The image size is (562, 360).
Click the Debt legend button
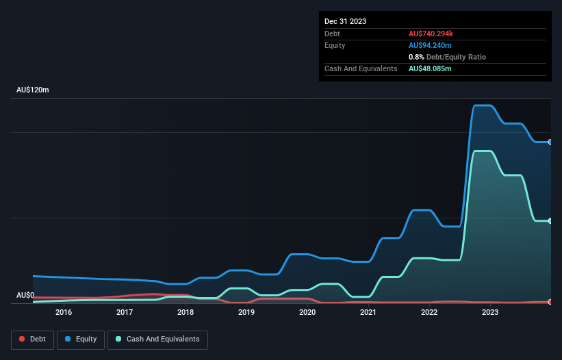tap(33, 339)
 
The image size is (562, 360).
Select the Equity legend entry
tap(80, 339)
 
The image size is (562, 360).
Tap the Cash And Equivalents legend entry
tap(157, 339)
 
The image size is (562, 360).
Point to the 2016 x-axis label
tap(64, 312)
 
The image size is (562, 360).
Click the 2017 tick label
tap(125, 312)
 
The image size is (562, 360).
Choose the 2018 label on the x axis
tap(186, 312)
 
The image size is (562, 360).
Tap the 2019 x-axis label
tap(246, 312)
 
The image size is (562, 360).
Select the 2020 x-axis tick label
tap(307, 312)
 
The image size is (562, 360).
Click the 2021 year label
tap(368, 312)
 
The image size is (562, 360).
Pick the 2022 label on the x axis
tap(429, 312)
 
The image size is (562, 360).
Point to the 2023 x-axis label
tap(490, 312)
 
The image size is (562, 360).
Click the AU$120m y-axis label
tap(33, 90)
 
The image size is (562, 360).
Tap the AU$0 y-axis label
tap(25, 295)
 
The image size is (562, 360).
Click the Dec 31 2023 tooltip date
tap(345, 21)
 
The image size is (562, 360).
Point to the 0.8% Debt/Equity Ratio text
tap(447, 57)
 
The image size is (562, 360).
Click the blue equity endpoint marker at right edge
tap(550, 142)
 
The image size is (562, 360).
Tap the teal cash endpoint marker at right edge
tap(550, 221)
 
